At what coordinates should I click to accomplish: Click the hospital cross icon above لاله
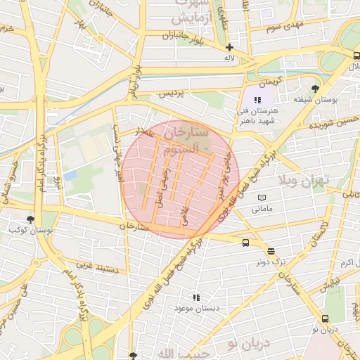tap(229, 47)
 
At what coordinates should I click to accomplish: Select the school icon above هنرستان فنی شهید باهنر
tap(257, 100)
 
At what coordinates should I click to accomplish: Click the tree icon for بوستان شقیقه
tap(314, 89)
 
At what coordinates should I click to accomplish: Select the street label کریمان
tap(269, 80)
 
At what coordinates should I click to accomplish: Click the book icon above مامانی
tap(262, 198)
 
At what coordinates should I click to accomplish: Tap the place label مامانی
tap(261, 210)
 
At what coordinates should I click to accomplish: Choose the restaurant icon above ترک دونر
tap(271, 250)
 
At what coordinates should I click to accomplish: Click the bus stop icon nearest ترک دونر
tap(245, 243)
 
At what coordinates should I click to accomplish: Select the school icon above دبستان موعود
tap(196, 297)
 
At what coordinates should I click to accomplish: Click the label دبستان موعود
tap(196, 309)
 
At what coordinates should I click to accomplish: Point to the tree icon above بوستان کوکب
tap(30, 219)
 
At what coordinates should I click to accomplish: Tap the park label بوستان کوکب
tap(23, 231)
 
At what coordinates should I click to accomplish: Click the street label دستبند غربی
tap(94, 269)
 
